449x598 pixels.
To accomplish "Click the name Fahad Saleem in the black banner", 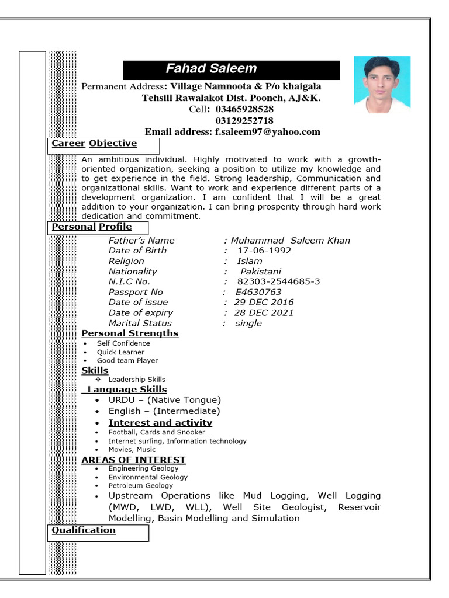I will point(211,69).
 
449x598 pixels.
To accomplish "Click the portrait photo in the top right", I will point(382,85).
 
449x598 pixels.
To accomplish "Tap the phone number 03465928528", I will point(244,109).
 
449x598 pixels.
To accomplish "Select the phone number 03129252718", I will point(244,120).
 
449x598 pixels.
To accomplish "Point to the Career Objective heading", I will point(94,144).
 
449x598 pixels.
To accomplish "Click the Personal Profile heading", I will point(92,227).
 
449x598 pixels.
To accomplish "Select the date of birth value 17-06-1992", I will point(264,251).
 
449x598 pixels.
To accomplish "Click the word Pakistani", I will point(261,272).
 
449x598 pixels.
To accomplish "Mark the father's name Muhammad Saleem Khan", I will point(291,241).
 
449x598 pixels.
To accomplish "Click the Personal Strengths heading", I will point(130,333).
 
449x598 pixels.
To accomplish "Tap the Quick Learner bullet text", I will point(120,352).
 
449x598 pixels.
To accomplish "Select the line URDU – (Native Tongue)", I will point(164,400).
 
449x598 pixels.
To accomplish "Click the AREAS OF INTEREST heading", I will point(133,460).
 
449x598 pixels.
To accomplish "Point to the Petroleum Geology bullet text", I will point(140,485).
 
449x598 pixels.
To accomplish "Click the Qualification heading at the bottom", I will point(84,530).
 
